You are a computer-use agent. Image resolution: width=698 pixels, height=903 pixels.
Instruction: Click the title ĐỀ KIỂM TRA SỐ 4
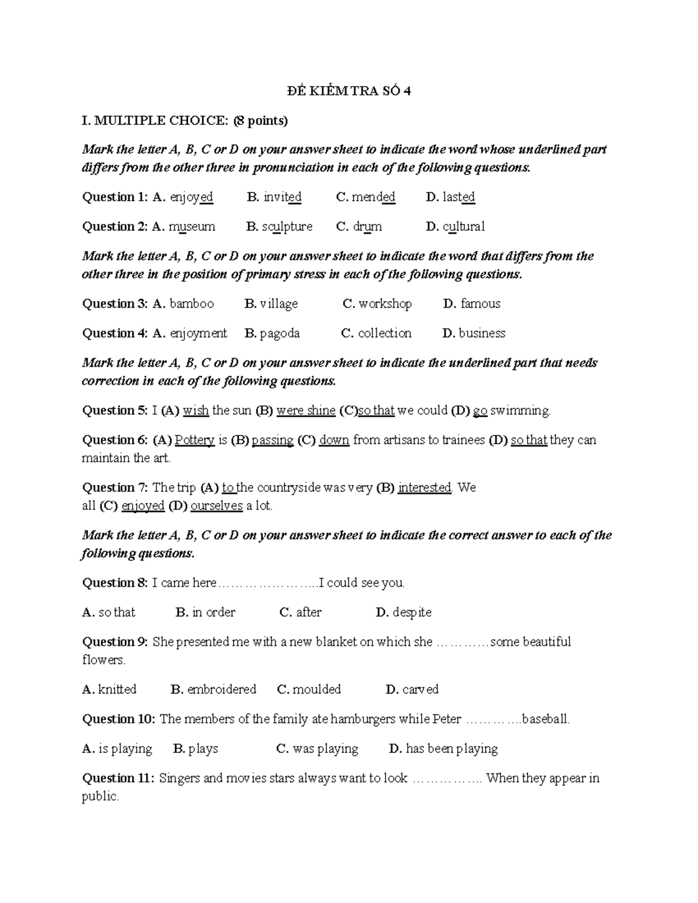tap(349, 91)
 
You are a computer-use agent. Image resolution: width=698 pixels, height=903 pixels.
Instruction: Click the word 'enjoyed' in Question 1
tap(191, 197)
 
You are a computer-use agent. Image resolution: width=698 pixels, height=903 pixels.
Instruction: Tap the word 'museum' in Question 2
tap(191, 227)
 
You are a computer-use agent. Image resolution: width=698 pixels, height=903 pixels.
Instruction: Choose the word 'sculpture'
tap(287, 227)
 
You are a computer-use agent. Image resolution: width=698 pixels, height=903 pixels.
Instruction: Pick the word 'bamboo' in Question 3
tap(191, 304)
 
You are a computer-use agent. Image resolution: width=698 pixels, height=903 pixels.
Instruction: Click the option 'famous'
tap(480, 304)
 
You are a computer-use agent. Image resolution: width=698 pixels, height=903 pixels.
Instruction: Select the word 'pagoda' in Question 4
tap(280, 333)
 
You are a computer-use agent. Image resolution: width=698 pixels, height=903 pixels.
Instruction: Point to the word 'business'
tap(482, 333)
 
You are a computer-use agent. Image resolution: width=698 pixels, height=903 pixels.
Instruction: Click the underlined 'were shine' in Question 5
tap(305, 411)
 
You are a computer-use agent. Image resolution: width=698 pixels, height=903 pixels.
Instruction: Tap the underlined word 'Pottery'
tap(195, 440)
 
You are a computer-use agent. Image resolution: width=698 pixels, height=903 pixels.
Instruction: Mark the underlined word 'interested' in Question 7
tap(425, 488)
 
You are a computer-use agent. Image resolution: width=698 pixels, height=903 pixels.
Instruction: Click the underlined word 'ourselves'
tap(216, 506)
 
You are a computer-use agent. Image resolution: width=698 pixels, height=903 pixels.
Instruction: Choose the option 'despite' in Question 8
tap(412, 612)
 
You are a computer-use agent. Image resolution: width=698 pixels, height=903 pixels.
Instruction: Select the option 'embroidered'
tap(222, 690)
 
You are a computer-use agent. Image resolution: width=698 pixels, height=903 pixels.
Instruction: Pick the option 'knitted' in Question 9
tap(117, 690)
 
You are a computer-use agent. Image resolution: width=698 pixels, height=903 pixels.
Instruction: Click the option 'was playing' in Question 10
tap(325, 749)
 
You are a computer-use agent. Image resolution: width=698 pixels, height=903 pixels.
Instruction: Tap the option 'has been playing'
tap(451, 749)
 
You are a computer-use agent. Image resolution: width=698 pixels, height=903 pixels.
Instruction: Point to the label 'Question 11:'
tap(118, 779)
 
